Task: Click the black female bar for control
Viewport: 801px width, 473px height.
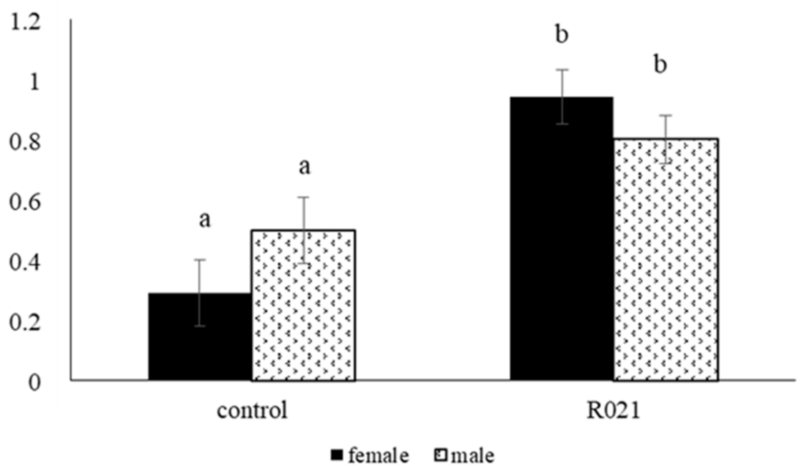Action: click(199, 346)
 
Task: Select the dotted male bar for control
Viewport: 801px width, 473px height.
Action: click(303, 311)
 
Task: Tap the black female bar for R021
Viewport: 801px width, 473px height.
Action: click(561, 251)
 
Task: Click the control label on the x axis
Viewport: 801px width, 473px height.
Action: click(252, 412)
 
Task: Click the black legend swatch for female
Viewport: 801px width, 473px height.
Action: click(337, 457)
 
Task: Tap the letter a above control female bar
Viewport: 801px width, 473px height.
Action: click(204, 220)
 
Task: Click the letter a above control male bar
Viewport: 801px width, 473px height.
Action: click(304, 167)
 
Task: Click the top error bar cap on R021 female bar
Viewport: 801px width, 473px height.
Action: click(562, 70)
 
